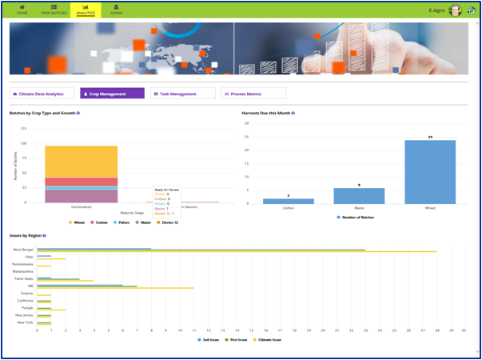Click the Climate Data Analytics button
[x=42, y=94]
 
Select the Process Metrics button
[x=253, y=94]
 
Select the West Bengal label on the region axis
[x=23, y=250]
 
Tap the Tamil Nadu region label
[x=24, y=279]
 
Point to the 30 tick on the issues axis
[x=464, y=329]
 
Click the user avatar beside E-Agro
[x=456, y=10]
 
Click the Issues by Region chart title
[x=26, y=236]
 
